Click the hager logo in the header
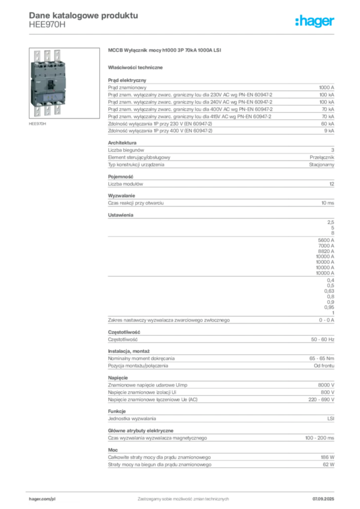(x=314, y=21)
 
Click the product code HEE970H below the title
(x=47, y=25)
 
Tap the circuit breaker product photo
(x=64, y=83)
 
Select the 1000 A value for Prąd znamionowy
(x=326, y=87)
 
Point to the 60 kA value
(x=328, y=124)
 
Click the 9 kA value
(x=329, y=131)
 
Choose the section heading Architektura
(x=122, y=143)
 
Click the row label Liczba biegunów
(x=126, y=150)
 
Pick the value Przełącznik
(x=322, y=158)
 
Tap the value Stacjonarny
(x=321, y=165)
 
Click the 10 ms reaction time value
(x=328, y=203)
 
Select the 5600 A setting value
(x=326, y=240)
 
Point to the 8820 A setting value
(x=326, y=251)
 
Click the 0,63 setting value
(x=329, y=291)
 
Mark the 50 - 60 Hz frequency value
(x=322, y=339)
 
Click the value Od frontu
(x=324, y=366)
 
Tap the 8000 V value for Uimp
(x=326, y=385)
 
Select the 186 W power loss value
(x=328, y=457)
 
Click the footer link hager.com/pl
(x=42, y=499)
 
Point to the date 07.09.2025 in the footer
(x=323, y=499)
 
